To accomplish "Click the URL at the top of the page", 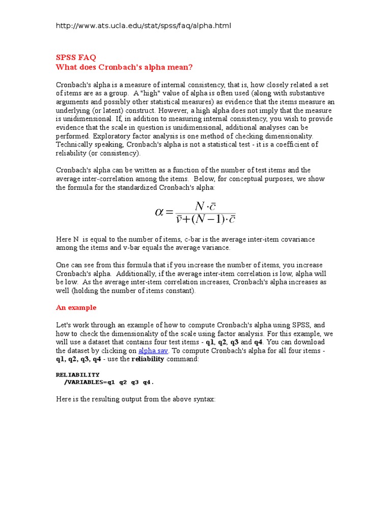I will (x=143, y=25).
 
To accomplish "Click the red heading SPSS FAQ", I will (x=75, y=57).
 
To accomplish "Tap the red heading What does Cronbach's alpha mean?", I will (x=124, y=67).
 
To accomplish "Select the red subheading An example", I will (x=76, y=307).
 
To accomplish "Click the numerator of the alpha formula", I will (x=205, y=205).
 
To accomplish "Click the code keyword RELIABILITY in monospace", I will (x=77, y=374).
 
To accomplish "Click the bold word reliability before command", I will (x=148, y=359).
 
